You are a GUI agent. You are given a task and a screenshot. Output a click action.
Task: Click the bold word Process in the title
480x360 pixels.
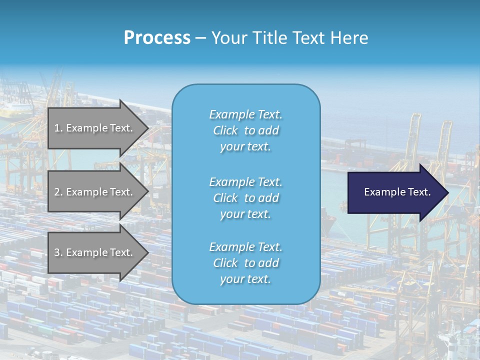(x=157, y=38)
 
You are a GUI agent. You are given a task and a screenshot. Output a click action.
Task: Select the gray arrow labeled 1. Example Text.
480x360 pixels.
(x=95, y=128)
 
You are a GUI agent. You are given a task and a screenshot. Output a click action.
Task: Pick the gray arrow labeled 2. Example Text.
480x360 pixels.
(x=95, y=192)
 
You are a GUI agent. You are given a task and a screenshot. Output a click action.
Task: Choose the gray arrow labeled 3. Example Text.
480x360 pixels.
(x=95, y=252)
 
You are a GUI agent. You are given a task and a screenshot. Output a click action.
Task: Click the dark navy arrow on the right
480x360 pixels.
(x=395, y=192)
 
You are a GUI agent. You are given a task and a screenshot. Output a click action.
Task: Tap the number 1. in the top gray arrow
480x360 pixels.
(x=58, y=128)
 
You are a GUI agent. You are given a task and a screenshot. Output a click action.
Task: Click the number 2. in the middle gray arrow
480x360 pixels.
(x=58, y=192)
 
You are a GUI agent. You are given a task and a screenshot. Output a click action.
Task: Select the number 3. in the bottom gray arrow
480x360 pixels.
(x=58, y=252)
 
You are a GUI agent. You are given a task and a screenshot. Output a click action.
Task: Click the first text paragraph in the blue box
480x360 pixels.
(x=245, y=130)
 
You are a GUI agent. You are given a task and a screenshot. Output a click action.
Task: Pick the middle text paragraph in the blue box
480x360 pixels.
(x=245, y=198)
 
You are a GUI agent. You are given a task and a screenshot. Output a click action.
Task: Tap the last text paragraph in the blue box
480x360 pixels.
(x=245, y=263)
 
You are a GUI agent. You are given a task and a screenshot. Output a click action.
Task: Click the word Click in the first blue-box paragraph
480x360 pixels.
(x=225, y=130)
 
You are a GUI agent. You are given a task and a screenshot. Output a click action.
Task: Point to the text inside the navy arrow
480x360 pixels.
(x=397, y=192)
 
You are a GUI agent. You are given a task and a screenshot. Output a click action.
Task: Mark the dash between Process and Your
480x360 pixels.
(x=200, y=38)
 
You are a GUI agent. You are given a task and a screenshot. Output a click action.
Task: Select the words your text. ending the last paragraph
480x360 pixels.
(x=245, y=279)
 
